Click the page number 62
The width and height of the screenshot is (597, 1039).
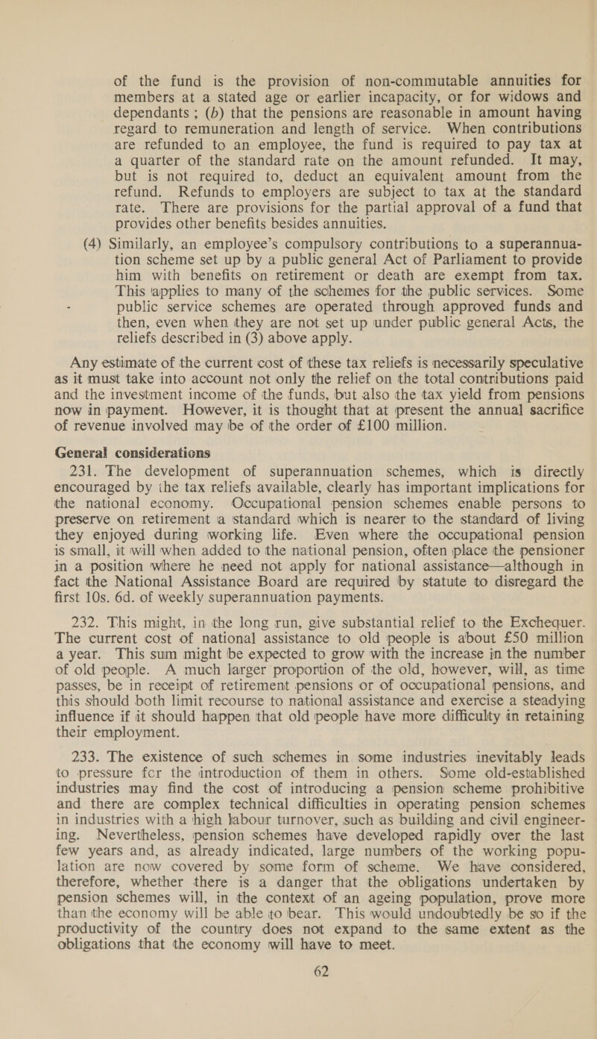pyautogui.click(x=298, y=1008)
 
